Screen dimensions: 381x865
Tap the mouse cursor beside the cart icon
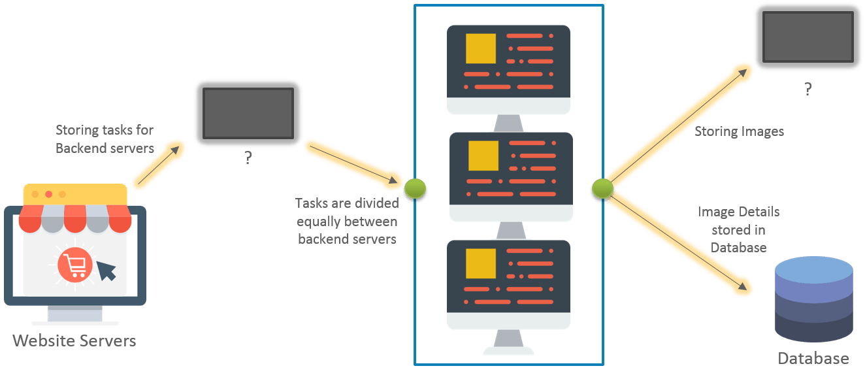click(106, 270)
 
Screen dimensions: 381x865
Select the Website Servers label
click(74, 341)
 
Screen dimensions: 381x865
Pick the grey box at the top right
click(808, 37)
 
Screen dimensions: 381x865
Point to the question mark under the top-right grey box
click(808, 89)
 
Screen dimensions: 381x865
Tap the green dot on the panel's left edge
click(415, 189)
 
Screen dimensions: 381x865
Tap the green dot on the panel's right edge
click(602, 189)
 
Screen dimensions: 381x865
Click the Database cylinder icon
click(813, 300)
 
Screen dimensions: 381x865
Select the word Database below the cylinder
click(813, 359)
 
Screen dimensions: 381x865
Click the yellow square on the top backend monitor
click(481, 49)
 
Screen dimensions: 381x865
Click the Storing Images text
click(739, 132)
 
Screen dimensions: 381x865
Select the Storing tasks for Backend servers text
click(104, 139)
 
